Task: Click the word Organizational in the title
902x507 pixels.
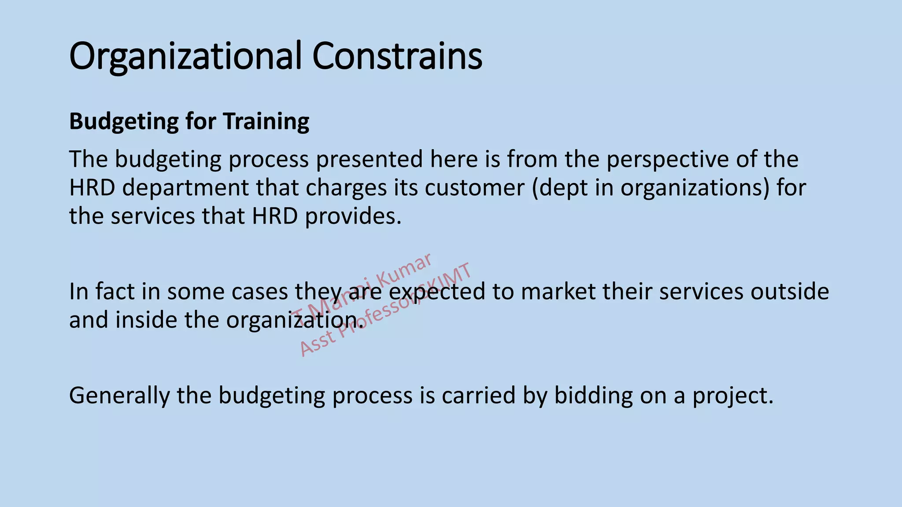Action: click(x=185, y=56)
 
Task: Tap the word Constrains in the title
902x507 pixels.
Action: click(x=397, y=56)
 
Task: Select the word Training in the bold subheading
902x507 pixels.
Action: click(x=266, y=121)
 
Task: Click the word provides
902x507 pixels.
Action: click(x=353, y=216)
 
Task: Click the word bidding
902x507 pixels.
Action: click(x=594, y=395)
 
